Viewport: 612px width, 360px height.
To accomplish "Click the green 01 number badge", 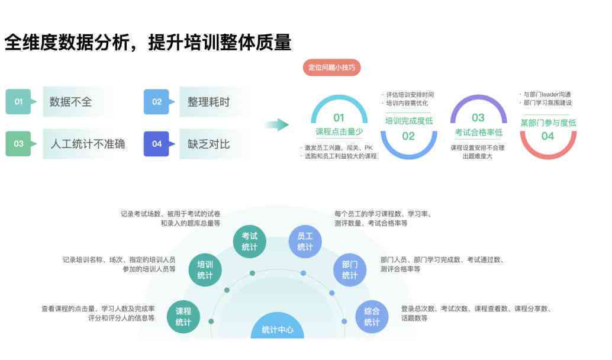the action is pos(19,101).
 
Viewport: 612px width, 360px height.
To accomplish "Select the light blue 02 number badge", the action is pos(157,101).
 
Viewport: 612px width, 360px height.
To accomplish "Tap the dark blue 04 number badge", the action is pos(157,144).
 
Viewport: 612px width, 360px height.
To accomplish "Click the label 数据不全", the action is pos(70,102).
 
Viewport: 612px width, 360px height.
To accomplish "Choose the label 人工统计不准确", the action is pos(88,144).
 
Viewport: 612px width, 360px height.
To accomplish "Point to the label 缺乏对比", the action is pos(209,144).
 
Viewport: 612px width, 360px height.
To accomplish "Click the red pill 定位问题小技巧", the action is pos(332,67).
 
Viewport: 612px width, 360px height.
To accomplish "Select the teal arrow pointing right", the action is pos(277,125).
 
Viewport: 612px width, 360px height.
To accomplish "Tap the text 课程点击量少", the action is pos(339,131).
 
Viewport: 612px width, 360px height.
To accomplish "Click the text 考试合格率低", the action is pos(478,133).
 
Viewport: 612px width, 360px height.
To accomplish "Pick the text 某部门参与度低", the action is pos(549,123).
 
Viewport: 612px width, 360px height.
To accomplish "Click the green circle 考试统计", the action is pos(249,242).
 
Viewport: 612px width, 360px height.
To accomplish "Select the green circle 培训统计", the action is pos(205,270).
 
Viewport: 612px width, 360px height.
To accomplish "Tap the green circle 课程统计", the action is pos(183,317).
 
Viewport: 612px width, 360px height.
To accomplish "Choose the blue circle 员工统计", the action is pos(305,242).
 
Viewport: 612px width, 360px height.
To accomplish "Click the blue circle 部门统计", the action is pos(350,270).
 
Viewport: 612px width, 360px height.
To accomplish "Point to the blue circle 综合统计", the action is pos(372,317).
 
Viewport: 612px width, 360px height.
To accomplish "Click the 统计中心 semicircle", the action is pos(278,327).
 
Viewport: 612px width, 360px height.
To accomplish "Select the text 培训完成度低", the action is pos(409,121).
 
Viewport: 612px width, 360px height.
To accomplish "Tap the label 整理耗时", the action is pos(209,102).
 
